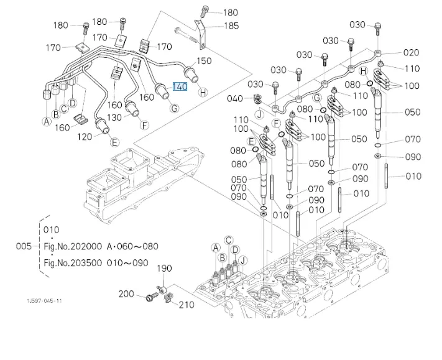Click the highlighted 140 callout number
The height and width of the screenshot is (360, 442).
180,86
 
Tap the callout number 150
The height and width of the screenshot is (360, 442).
205,61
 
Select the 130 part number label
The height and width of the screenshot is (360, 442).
114,118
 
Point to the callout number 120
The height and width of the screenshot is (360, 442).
85,136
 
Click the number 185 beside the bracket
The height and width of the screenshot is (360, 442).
231,26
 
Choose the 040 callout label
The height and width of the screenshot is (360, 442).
235,98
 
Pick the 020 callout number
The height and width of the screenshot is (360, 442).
412,53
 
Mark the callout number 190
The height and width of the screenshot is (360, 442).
164,268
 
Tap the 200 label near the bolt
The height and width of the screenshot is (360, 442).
126,293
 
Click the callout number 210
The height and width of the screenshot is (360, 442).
186,305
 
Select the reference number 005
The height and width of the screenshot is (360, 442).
24,246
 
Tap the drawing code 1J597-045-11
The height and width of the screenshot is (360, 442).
44,301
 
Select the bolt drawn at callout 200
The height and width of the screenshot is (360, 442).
149,299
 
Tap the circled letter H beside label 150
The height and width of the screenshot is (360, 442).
202,93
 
